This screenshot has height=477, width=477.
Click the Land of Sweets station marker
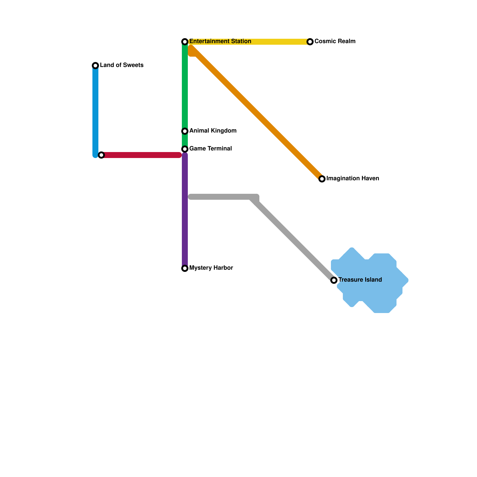(95, 66)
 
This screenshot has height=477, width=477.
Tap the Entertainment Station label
(220, 41)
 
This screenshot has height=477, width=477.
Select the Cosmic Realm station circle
(310, 42)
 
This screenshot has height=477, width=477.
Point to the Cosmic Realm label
(335, 41)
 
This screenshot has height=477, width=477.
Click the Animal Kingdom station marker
(185, 131)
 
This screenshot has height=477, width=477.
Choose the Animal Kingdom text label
(213, 131)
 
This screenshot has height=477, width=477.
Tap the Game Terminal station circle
(185, 149)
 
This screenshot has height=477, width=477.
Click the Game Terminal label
(210, 149)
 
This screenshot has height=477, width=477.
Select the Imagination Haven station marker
(322, 179)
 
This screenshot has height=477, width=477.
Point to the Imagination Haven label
(353, 179)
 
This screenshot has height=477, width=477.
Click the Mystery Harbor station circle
(185, 268)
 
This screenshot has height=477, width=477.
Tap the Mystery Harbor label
(211, 268)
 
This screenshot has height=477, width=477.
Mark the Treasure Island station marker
(334, 280)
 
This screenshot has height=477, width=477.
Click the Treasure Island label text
(360, 280)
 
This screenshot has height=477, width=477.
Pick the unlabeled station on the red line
(101, 155)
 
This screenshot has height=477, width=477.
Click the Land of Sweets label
(122, 65)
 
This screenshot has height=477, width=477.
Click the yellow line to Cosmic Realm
(280, 42)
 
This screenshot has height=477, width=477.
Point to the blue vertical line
(95, 110)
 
